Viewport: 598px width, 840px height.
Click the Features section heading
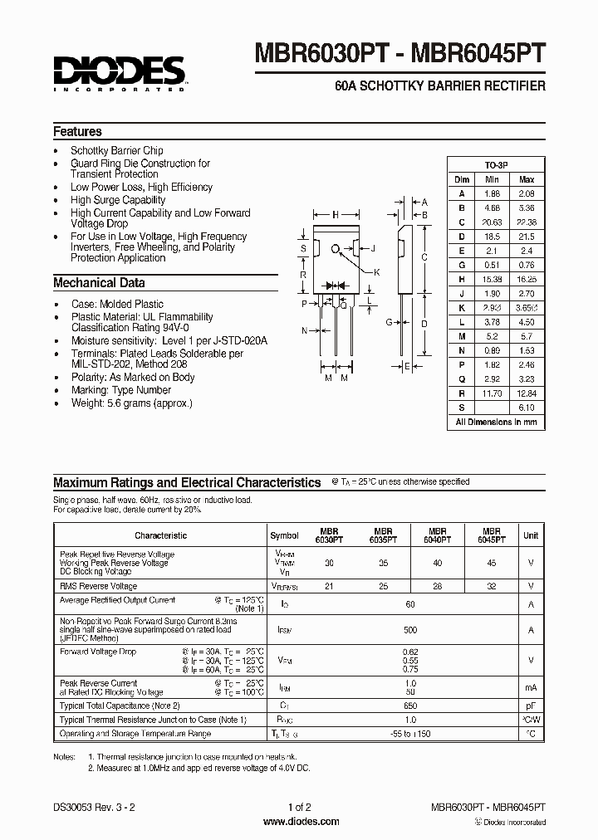click(77, 132)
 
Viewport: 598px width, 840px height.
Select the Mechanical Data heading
click(99, 283)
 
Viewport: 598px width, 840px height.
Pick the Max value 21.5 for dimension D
click(527, 237)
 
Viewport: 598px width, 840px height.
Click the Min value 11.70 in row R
click(493, 393)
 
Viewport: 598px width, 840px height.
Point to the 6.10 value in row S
click(527, 407)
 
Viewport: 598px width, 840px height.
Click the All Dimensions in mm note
click(497, 422)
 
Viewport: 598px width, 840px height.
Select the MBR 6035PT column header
click(382, 535)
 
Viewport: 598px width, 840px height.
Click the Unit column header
click(531, 536)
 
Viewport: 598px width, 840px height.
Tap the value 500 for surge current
click(409, 630)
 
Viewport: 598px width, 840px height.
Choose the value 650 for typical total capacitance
click(409, 705)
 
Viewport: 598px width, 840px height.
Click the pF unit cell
click(531, 705)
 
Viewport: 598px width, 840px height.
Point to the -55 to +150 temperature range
click(409, 734)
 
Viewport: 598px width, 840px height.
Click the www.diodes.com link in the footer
click(300, 822)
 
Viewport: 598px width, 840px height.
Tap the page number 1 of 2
click(299, 807)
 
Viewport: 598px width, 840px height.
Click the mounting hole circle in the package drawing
click(336, 248)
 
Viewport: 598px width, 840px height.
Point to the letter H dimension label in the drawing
click(336, 215)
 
